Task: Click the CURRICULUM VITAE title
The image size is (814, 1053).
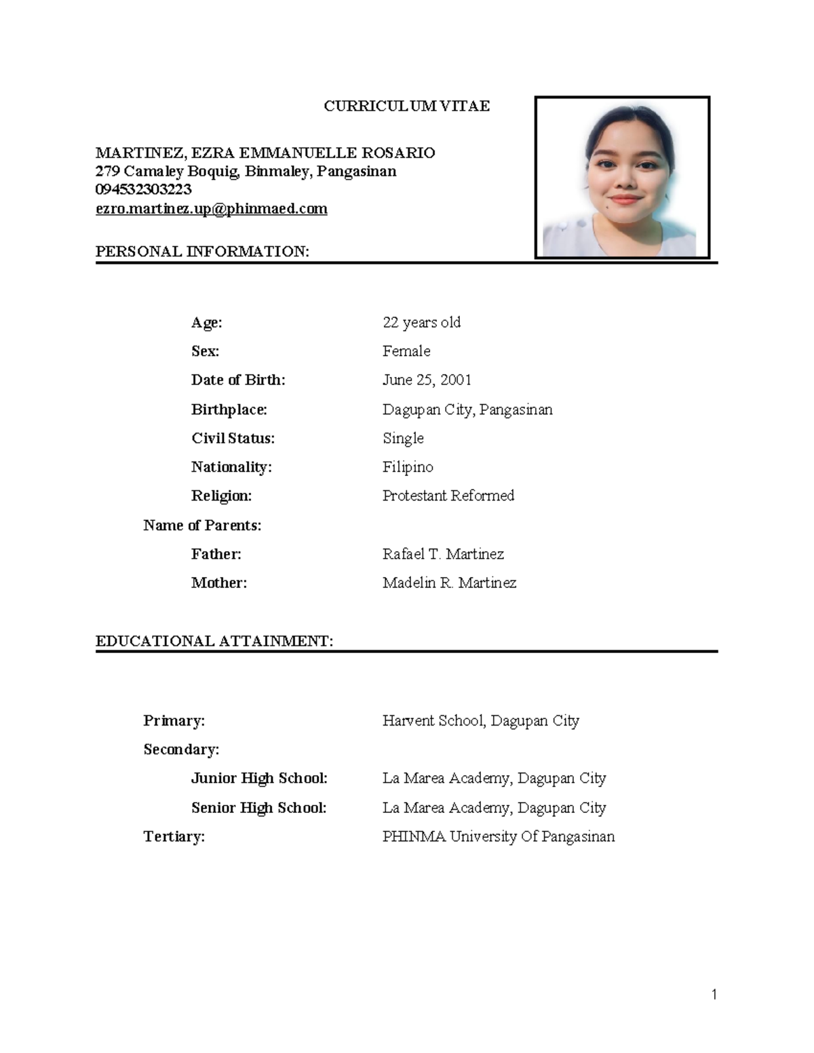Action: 406,106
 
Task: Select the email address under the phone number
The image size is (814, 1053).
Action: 211,209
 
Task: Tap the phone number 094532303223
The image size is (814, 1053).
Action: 143,190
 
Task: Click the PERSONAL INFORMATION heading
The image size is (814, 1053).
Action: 202,252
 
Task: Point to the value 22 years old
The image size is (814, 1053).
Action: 421,323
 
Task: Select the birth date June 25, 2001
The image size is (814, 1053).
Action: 427,380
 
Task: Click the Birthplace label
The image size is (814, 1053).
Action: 229,410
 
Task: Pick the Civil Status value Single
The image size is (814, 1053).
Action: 403,439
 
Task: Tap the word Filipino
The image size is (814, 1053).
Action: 408,467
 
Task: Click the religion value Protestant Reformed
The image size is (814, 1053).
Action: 448,496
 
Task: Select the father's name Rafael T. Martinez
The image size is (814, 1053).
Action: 443,554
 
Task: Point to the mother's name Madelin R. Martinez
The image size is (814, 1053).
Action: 449,583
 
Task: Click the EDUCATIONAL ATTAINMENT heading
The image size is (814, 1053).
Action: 214,641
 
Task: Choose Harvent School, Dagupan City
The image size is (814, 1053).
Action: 480,721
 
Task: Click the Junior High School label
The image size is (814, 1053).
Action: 259,778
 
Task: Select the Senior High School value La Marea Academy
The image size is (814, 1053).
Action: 494,808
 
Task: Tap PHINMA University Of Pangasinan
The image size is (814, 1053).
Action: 499,837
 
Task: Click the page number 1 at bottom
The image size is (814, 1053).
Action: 714,995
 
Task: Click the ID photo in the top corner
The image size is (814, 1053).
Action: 622,178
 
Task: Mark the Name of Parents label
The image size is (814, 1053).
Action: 202,525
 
